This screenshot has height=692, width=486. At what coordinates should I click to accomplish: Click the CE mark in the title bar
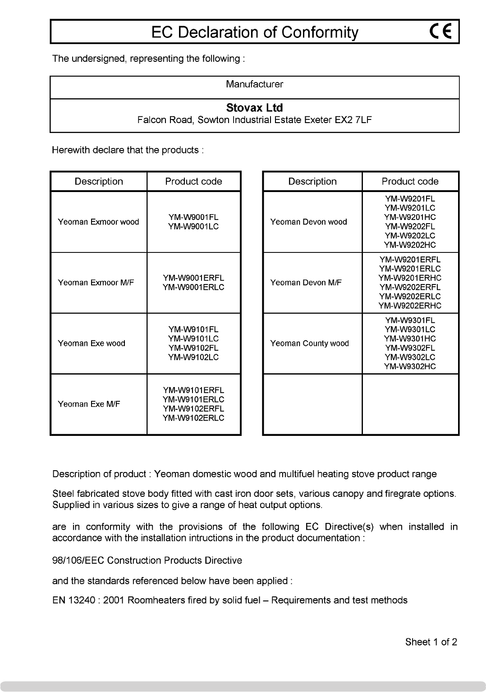(441, 32)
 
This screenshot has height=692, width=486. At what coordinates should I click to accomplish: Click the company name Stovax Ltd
(254, 108)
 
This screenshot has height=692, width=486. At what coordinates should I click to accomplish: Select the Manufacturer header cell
(254, 84)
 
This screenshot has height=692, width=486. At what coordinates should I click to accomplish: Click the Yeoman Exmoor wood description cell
(98, 222)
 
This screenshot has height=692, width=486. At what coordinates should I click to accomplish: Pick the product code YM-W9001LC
(193, 226)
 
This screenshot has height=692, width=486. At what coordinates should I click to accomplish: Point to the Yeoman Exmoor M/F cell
(96, 283)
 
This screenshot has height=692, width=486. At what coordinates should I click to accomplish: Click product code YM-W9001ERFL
(193, 278)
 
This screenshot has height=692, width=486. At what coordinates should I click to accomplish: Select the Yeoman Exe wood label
(92, 344)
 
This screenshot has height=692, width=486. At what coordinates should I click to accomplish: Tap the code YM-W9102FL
(193, 348)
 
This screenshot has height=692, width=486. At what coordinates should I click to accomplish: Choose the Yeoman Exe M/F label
(89, 404)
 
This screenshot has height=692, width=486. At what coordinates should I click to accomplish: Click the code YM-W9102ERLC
(193, 418)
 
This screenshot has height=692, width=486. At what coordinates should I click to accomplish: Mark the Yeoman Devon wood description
(309, 222)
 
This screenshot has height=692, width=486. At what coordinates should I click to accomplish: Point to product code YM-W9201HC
(410, 217)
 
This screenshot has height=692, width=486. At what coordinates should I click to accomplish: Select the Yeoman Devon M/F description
(306, 283)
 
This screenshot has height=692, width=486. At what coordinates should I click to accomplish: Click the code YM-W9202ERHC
(410, 306)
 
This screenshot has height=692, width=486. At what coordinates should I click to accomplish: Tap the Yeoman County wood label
(310, 344)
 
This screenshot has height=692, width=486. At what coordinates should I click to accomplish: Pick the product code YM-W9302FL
(410, 348)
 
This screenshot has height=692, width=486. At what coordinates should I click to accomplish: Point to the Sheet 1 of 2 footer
(431, 642)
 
